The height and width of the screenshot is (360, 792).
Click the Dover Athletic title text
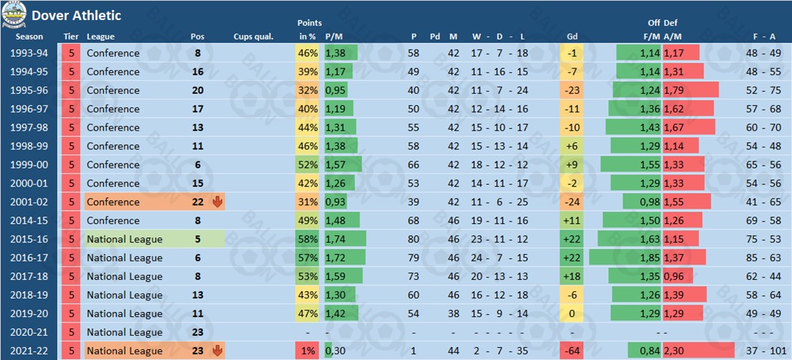click(76, 15)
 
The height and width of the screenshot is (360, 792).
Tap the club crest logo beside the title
click(14, 15)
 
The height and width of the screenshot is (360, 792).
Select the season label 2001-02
click(30, 202)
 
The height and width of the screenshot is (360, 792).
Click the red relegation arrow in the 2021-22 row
click(217, 351)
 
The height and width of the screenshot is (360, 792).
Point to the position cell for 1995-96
click(198, 90)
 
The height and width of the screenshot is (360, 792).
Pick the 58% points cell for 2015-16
click(308, 240)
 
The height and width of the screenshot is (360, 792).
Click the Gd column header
click(572, 37)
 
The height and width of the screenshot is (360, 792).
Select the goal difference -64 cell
click(572, 351)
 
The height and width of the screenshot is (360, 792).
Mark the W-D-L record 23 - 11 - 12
click(489, 240)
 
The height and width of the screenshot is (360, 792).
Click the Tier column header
click(71, 37)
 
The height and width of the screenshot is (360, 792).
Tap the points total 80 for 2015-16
click(414, 240)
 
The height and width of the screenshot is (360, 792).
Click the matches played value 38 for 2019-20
click(453, 314)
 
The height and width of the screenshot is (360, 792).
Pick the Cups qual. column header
click(253, 37)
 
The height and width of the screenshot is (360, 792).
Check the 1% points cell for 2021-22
click(308, 351)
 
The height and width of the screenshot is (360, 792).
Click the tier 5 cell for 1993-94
click(71, 53)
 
